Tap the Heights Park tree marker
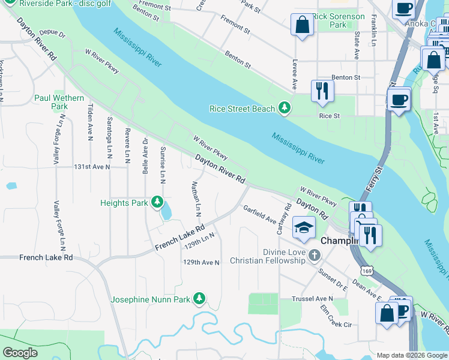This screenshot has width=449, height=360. tap(157, 202)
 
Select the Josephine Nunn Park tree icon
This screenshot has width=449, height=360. tap(199, 298)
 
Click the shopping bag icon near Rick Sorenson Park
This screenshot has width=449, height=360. tap(302, 25)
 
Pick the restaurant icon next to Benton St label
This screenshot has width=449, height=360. tap(322, 91)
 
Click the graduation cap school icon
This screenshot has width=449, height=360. tap(304, 227)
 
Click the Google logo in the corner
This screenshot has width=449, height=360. tap(20, 353)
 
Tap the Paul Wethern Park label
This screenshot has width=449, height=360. tap(59, 102)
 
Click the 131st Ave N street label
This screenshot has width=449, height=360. tap(92, 167)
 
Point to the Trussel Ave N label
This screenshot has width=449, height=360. tap(312, 298)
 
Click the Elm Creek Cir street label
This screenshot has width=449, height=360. tap(336, 316)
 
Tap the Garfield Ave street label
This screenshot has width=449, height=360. tap(259, 215)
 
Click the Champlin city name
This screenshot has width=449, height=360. tap(340, 240)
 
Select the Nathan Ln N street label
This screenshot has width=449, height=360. tap(195, 199)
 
